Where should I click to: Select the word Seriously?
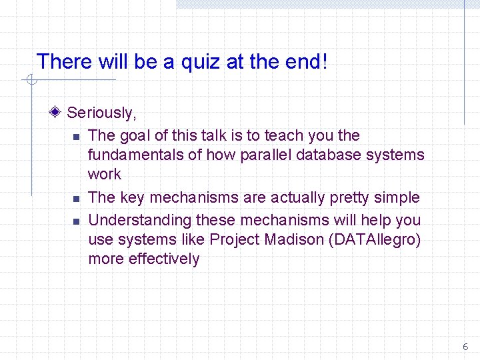[x=101, y=113]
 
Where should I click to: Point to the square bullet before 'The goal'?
[x=76, y=137]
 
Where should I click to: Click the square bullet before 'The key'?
[x=76, y=199]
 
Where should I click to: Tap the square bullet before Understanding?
[x=76, y=221]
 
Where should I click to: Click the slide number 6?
[x=465, y=347]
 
